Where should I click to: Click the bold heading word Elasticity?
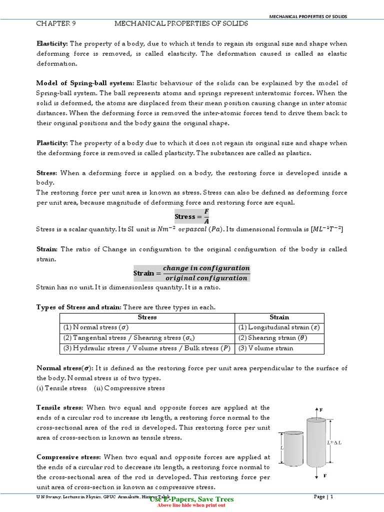coord(52,43)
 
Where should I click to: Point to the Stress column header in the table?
coord(147,317)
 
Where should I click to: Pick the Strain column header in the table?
coord(279,317)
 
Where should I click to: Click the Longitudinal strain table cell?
coord(278,327)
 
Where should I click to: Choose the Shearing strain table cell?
coord(272,337)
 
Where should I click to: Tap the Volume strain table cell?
coord(265,348)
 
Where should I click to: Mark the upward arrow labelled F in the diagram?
coord(317,411)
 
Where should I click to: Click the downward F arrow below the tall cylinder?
coord(317,474)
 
